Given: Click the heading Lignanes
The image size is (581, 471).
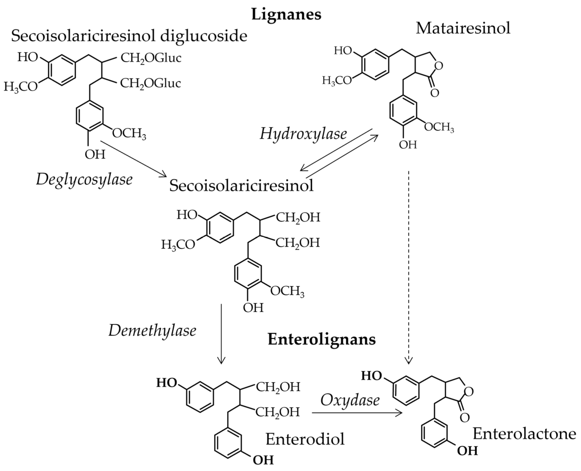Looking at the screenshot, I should (x=286, y=14).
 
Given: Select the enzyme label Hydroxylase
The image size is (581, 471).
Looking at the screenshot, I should (x=303, y=133).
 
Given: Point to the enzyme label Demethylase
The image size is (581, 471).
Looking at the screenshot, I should (x=152, y=331).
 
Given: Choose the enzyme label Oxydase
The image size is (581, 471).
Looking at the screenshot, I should (x=350, y=400).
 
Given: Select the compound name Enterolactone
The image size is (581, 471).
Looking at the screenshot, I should (x=524, y=434).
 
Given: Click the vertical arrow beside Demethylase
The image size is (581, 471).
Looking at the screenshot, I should (x=221, y=334).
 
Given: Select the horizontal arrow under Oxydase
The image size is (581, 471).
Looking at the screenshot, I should (x=356, y=413).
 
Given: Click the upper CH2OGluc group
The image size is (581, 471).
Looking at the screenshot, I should (x=151, y=58).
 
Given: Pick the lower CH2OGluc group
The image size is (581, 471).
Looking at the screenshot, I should (x=151, y=84).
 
